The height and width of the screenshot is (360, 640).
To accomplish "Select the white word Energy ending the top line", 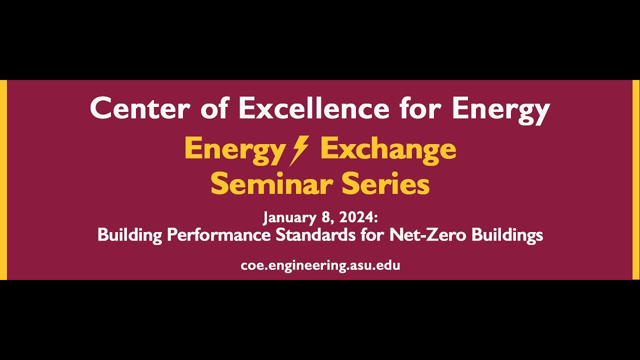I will tap(500, 109).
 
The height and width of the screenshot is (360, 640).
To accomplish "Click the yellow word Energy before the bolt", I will tap(234, 149).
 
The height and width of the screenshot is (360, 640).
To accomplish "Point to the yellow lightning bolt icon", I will tap(299, 150).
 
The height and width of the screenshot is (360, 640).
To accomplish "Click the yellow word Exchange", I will tap(388, 149).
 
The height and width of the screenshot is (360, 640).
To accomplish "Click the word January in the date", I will tap(288, 218).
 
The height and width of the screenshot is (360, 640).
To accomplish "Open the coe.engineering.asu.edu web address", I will tap(320, 265).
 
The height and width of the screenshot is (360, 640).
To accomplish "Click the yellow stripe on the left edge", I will tap(3, 180).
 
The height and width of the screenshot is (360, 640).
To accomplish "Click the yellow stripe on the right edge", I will tap(636, 180).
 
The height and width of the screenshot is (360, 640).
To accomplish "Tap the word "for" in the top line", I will tap(421, 108).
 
